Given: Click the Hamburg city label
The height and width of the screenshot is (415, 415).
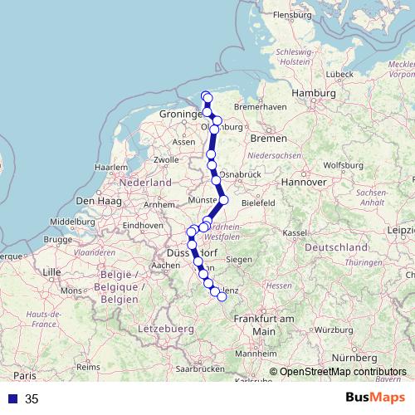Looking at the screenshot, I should pyautogui.click(x=313, y=93).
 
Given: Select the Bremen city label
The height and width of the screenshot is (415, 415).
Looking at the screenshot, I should pyautogui.click(x=267, y=138).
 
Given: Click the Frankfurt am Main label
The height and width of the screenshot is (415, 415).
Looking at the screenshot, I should pyautogui.click(x=264, y=325).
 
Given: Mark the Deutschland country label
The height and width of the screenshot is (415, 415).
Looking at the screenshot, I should pyautogui.click(x=336, y=247).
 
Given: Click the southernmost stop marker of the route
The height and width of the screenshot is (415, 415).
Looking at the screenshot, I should pyautogui.click(x=222, y=296).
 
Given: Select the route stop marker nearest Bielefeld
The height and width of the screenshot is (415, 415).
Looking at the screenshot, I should pyautogui.click(x=223, y=199).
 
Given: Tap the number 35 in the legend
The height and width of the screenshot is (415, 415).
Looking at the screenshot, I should pyautogui.click(x=32, y=398).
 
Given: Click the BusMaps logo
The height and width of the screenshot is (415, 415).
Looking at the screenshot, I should pyautogui.click(x=377, y=398).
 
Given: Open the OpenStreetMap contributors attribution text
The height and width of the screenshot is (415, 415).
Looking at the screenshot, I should pyautogui.click(x=342, y=372).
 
